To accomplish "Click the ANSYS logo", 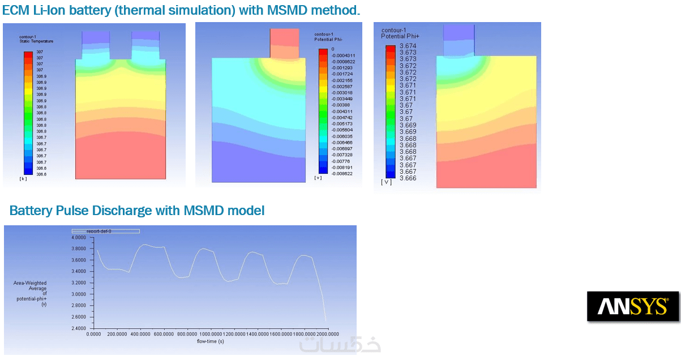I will (x=632, y=306).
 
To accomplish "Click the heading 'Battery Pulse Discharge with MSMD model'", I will (x=137, y=211).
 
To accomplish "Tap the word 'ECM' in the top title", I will (x=17, y=11).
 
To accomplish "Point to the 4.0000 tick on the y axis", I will (x=78, y=238).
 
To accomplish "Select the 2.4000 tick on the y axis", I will (x=78, y=328).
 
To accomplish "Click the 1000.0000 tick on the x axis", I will (x=210, y=335).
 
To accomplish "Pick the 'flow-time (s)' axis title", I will (x=210, y=341).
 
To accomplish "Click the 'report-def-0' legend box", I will (x=105, y=231).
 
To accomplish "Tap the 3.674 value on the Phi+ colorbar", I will (x=408, y=46).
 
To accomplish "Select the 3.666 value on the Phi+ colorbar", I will (x=408, y=178).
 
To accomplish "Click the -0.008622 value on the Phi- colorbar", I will (x=342, y=174).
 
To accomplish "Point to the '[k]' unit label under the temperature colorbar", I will (x=23, y=179).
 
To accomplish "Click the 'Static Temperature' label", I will (x=36, y=41).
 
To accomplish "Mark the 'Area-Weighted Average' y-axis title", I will (x=30, y=285).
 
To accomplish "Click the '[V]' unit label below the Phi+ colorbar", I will (x=387, y=182).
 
